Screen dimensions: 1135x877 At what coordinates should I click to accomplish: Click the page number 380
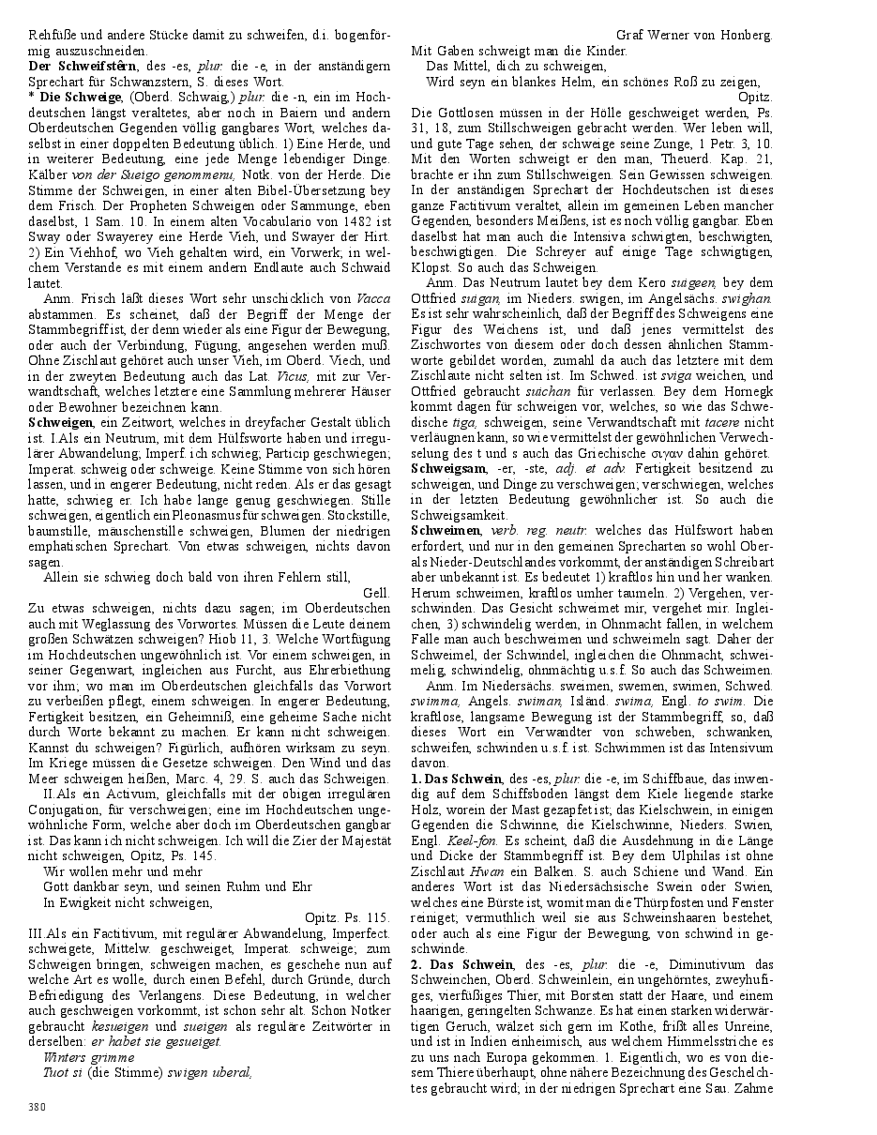pyautogui.click(x=37, y=1107)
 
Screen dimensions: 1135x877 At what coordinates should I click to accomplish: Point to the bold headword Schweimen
pyautogui.click(x=446, y=530)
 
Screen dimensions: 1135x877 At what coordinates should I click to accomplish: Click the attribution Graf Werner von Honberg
pyautogui.click(x=694, y=36)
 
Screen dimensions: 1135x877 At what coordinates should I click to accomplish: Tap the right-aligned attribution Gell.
pyautogui.click(x=375, y=594)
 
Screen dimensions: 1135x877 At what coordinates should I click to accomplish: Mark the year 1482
pyautogui.click(x=339, y=218)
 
